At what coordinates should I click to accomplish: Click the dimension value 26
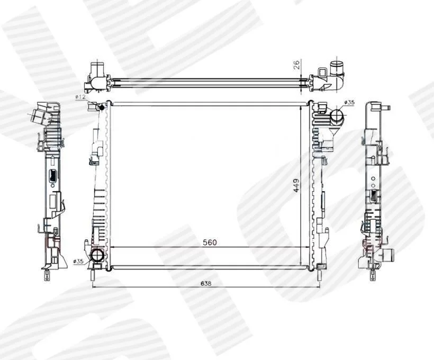[296, 65]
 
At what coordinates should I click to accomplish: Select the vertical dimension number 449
[296, 185]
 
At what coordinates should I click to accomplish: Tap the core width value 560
[210, 242]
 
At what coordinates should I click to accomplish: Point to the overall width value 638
[206, 283]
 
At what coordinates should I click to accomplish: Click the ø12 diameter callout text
[80, 97]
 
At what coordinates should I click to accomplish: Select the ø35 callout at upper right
[349, 103]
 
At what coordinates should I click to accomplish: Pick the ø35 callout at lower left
[79, 261]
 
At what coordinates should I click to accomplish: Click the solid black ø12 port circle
[102, 107]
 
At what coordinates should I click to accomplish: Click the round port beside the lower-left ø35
[97, 255]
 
